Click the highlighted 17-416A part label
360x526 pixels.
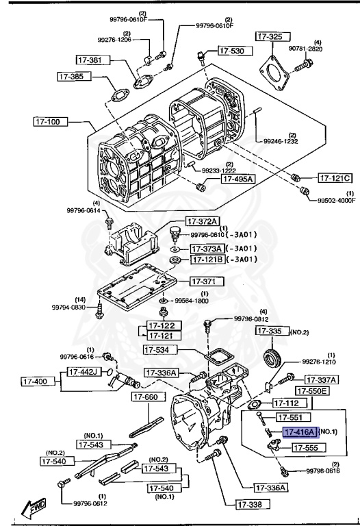[x=300, y=432]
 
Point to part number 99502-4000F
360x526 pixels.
[x=336, y=201]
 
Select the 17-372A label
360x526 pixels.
[x=203, y=221]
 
